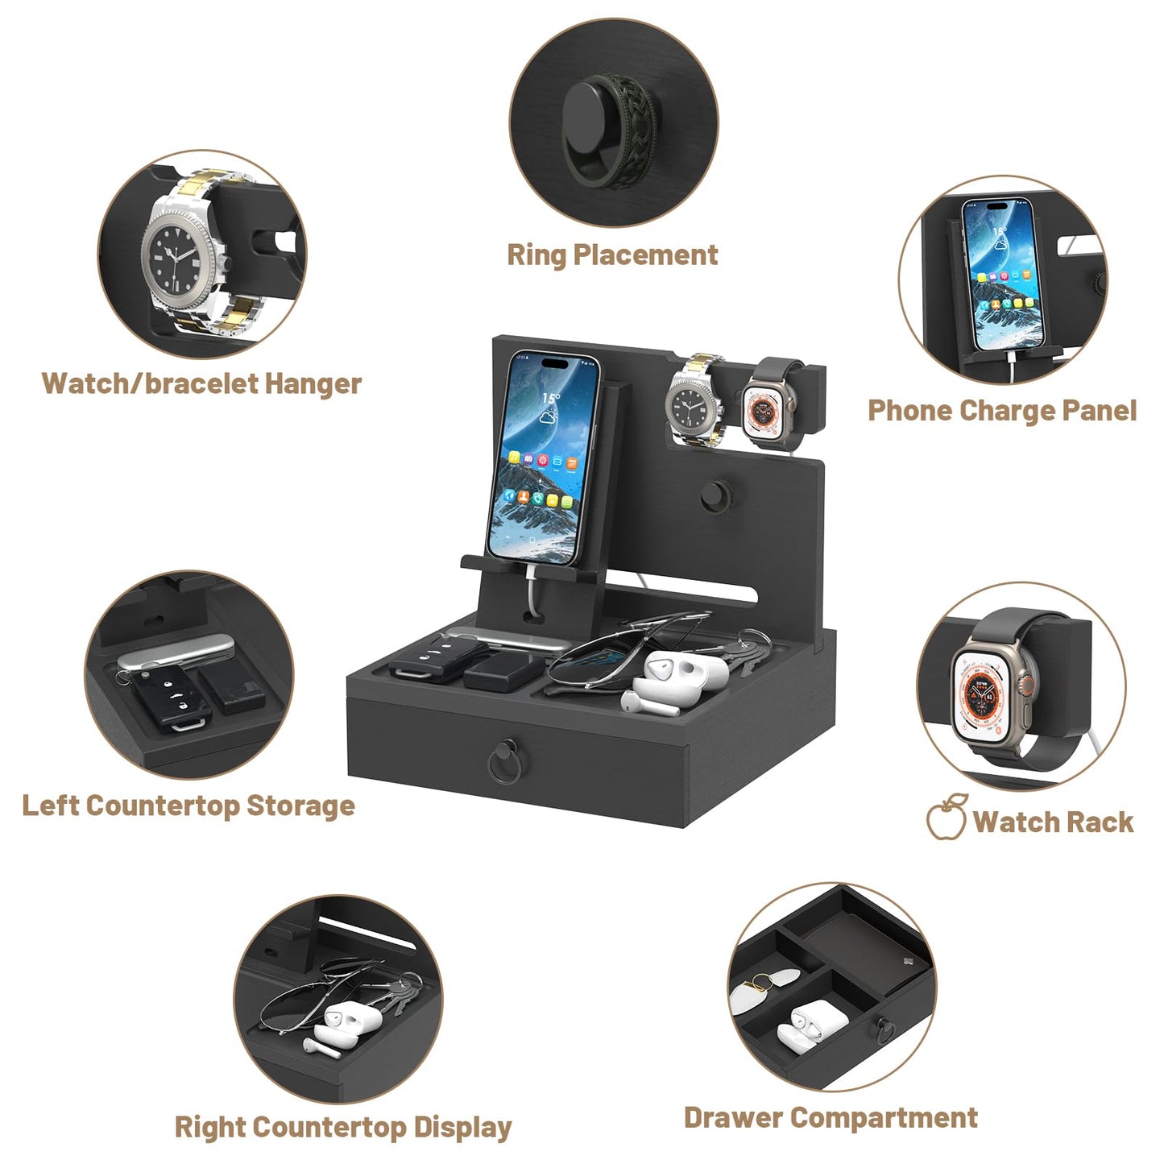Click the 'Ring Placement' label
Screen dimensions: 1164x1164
[x=612, y=255]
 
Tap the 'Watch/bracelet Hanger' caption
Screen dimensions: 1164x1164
[x=201, y=383]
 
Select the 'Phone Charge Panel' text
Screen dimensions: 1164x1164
[x=1002, y=411]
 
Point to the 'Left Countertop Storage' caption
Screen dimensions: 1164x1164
[x=188, y=806]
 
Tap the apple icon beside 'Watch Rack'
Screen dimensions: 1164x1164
[x=947, y=817]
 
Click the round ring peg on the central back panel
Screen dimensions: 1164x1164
[x=716, y=495]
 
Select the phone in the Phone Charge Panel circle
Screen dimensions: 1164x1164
[x=1003, y=275]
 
